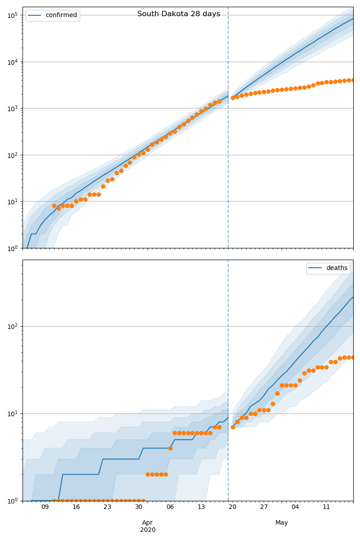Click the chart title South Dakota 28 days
179,14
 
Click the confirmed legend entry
61,15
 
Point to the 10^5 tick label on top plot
12,15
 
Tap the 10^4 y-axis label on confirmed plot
12,62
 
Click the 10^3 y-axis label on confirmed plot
12,108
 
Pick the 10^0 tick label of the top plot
12,248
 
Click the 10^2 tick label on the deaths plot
12,326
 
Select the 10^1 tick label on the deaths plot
12,414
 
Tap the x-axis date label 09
45,507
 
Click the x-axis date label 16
76,507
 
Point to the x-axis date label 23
108,507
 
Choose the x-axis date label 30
139,507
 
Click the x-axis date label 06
170,507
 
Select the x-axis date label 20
233,507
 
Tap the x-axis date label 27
264,507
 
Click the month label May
282,522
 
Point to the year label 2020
148,530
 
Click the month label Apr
148,522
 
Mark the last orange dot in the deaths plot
353,357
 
